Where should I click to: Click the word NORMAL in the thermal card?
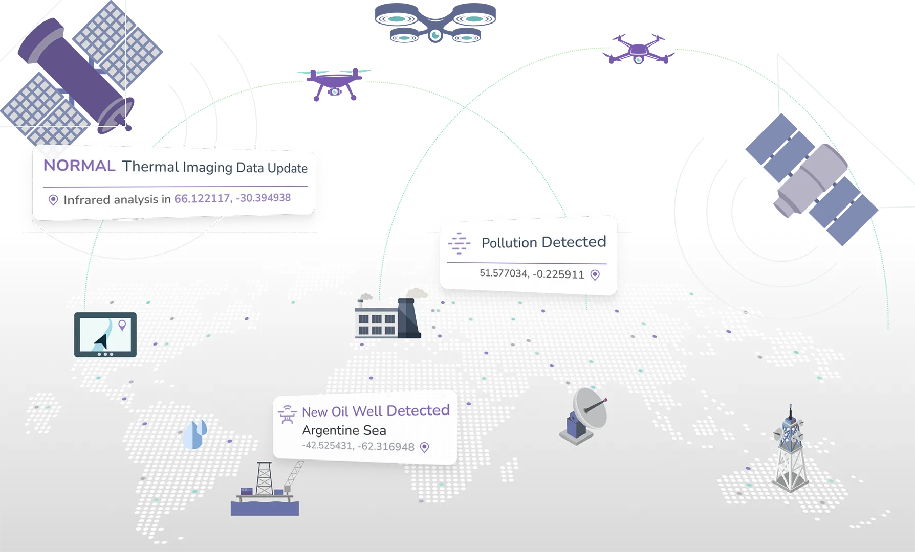pos(79,166)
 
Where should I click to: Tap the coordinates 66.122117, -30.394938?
pos(232,198)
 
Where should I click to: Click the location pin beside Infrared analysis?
pos(53,200)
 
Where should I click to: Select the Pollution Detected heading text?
pos(543,242)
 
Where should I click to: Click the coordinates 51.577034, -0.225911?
pos(531,274)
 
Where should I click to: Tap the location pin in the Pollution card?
pos(595,275)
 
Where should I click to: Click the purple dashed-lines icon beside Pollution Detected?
pos(459,243)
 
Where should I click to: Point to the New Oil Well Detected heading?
pos(376,411)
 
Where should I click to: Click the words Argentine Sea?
pos(344,430)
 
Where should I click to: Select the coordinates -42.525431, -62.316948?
pos(358,446)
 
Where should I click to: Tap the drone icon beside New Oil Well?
pos(287,414)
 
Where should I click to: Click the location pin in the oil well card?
pos(424,447)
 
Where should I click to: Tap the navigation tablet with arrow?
pos(105,334)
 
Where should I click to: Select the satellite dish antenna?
pos(584,415)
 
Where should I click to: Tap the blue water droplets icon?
pos(195,434)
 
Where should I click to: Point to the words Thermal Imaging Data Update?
pos(215,167)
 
